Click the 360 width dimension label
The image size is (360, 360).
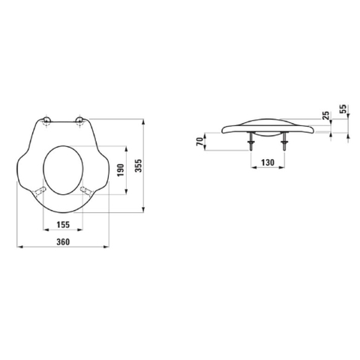point(63,241)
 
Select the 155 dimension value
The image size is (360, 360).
point(63,224)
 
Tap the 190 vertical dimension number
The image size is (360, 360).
point(121,170)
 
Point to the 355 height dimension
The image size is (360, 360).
point(138,166)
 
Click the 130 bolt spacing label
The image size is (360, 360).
point(268,163)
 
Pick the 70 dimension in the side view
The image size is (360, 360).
point(199,142)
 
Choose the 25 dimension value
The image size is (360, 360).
point(325,115)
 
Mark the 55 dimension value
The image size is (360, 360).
point(344,109)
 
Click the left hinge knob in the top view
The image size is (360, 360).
point(46,121)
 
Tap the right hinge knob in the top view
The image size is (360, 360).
point(79,121)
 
